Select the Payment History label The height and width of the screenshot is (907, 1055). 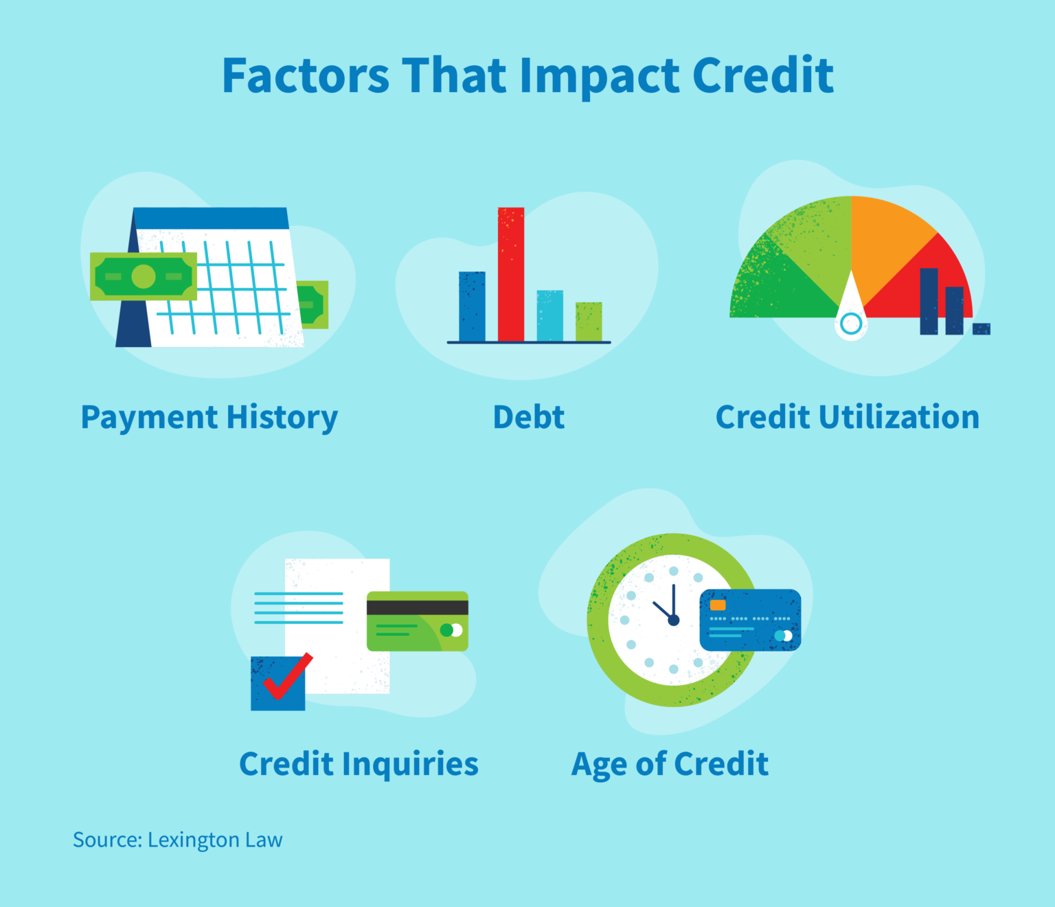209,417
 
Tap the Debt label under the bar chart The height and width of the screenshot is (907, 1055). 529,417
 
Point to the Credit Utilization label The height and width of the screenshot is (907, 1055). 848,417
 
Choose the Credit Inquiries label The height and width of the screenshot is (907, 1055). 359,763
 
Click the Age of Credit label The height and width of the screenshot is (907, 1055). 670,763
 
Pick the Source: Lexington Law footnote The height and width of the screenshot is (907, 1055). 177,840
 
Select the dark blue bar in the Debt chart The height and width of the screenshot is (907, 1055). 472,306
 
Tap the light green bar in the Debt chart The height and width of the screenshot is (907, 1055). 589,321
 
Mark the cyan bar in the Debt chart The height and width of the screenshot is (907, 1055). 549,315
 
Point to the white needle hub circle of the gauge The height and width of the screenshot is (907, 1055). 851,323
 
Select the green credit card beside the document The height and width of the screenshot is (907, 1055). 417,621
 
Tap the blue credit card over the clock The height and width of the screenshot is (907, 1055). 750,620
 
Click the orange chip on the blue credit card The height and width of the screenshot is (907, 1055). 718,605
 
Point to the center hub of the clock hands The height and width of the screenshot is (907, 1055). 674,620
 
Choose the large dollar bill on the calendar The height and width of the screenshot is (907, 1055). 144,276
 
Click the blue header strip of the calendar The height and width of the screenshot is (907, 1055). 211,218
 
